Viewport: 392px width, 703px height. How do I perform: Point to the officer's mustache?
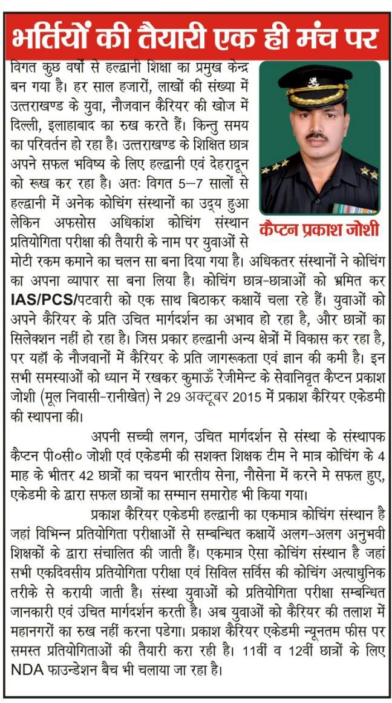pyautogui.click(x=317, y=137)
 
